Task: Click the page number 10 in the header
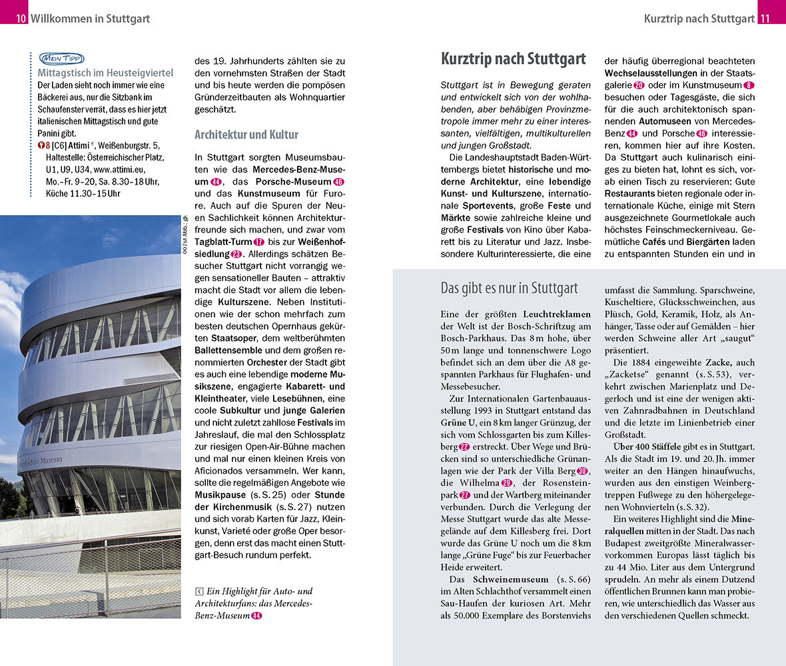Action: (x=21, y=18)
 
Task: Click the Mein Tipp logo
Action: (x=61, y=58)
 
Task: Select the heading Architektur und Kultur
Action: (x=246, y=135)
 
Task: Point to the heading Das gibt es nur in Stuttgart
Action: (x=509, y=288)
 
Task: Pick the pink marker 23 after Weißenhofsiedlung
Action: (x=236, y=254)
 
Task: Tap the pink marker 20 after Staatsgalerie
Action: (x=639, y=85)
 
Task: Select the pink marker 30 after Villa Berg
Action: (x=582, y=472)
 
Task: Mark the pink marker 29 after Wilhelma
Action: (x=507, y=484)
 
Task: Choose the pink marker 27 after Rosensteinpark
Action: (x=464, y=496)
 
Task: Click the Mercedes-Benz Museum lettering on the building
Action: (x=41, y=461)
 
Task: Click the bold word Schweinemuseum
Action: (x=511, y=579)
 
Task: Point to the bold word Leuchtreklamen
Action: (x=557, y=313)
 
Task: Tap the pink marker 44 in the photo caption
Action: (x=256, y=615)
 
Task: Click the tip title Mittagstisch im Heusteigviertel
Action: (x=105, y=73)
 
